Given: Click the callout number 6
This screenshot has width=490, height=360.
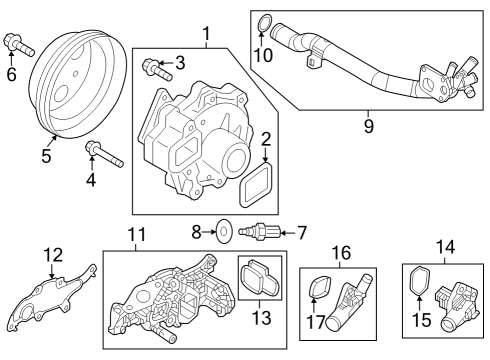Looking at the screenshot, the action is click(11, 74).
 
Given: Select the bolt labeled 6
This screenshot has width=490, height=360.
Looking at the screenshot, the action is click(19, 45).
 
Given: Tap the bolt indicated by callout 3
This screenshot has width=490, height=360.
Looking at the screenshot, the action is click(157, 69).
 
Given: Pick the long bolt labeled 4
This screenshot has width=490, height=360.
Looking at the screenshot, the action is click(104, 154).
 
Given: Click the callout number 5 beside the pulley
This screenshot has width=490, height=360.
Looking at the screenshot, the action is click(46, 156).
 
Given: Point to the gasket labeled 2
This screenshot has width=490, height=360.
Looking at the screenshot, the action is click(256, 185).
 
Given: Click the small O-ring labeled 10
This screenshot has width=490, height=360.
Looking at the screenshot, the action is click(264, 23).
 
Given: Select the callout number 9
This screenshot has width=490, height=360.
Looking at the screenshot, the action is click(369, 126).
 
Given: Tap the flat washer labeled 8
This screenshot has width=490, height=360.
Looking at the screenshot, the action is click(224, 231).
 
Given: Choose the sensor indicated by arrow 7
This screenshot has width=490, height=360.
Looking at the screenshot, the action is click(259, 231).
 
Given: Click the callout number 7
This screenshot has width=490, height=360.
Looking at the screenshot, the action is click(301, 233).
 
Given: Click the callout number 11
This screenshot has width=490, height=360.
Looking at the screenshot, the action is click(137, 234).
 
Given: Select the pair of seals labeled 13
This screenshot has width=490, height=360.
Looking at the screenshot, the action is click(260, 277).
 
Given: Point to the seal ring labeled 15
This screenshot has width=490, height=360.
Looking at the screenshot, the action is click(419, 281).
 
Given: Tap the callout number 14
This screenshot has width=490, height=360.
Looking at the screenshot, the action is click(445, 247).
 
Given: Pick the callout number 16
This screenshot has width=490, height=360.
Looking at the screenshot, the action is click(341, 253).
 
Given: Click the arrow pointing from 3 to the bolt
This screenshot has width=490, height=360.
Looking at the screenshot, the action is click(165, 62).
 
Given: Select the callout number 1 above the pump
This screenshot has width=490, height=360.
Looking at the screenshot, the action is click(207, 34).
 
